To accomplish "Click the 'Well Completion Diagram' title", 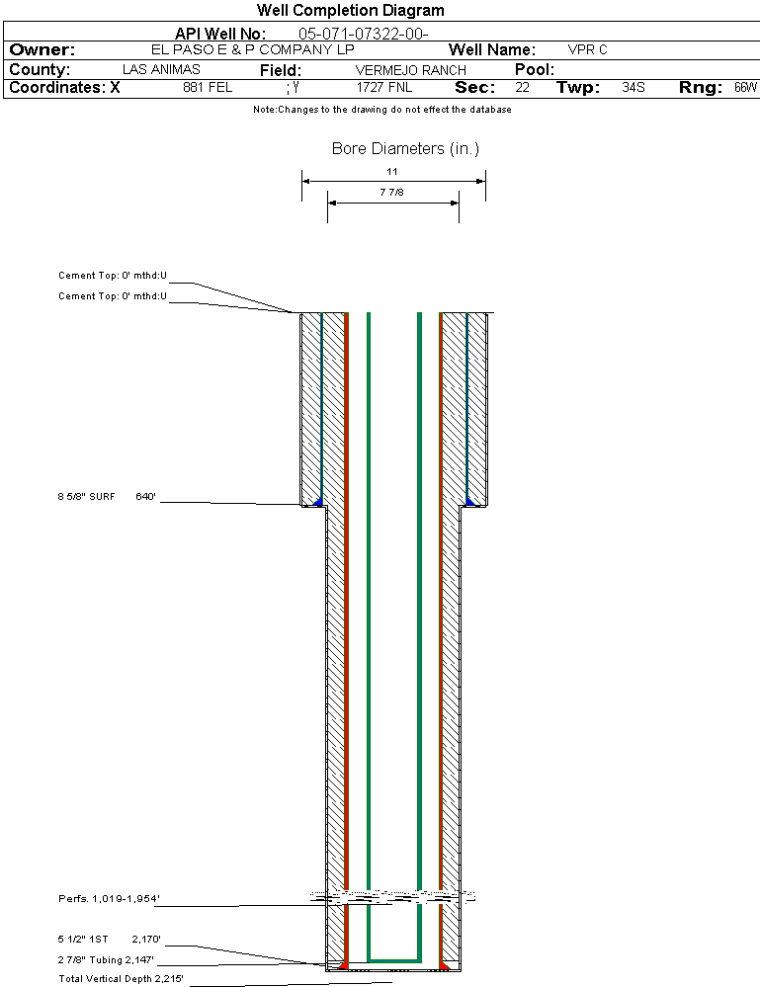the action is click(x=350, y=10).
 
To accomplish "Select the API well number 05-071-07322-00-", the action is click(x=364, y=34).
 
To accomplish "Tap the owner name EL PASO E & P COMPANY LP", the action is click(x=252, y=49).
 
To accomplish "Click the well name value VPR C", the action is click(x=587, y=49).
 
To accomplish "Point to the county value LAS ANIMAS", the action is click(x=161, y=69).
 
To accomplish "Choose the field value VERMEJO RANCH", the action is click(x=410, y=70).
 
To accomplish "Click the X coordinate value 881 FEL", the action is click(x=208, y=88).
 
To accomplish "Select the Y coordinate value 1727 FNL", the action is click(x=384, y=88).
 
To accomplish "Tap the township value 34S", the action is click(x=633, y=88).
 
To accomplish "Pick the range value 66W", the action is click(x=745, y=88).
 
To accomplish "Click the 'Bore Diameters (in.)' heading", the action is click(x=405, y=148).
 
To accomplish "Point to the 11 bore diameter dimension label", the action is click(x=392, y=171).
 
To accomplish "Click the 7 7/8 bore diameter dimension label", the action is click(x=391, y=192).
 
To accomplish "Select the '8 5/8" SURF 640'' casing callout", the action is click(x=107, y=497).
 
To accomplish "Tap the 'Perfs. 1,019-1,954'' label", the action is click(x=109, y=898).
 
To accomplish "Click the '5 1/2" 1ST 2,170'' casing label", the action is click(x=109, y=940).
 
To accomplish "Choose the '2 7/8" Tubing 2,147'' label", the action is click(x=106, y=960).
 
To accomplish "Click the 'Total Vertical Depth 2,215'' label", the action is click(x=121, y=979).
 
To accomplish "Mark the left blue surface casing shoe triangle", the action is click(x=318, y=502).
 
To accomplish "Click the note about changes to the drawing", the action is click(x=382, y=110).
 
